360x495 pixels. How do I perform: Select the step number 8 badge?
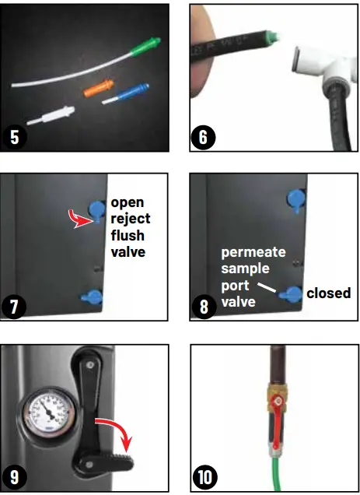click(204, 305)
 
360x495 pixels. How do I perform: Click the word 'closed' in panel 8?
click(328, 293)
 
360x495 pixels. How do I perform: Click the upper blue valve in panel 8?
click(296, 200)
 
